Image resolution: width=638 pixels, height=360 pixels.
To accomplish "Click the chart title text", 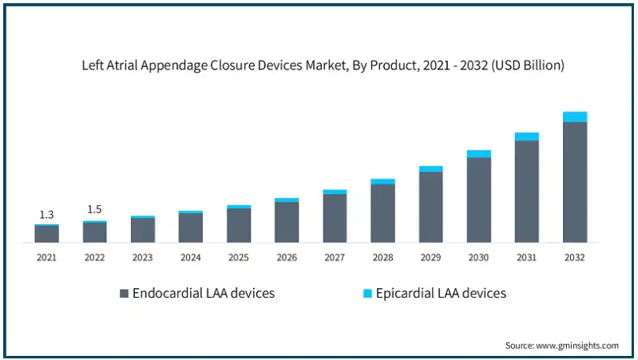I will click(x=323, y=66).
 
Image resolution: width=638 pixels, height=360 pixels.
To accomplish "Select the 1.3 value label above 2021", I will click(x=46, y=214).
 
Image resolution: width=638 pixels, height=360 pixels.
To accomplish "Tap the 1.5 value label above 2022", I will click(x=94, y=209).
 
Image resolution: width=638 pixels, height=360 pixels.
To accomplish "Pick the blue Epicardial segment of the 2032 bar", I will click(x=575, y=117).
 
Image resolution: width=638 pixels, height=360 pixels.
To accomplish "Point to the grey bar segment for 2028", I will click(x=382, y=213).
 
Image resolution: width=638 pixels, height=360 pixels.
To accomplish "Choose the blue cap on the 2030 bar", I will click(x=479, y=153).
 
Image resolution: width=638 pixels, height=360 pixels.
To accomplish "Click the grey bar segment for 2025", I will click(x=239, y=225).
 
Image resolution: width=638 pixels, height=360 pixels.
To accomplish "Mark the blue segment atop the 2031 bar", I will click(x=527, y=136).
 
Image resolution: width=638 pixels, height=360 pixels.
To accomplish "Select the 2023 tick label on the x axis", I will click(x=142, y=257).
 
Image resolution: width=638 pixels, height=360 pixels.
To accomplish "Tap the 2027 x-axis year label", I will click(x=335, y=257).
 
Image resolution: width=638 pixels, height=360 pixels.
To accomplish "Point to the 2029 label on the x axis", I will click(x=430, y=257).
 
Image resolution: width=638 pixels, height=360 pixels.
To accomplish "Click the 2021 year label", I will click(x=46, y=257).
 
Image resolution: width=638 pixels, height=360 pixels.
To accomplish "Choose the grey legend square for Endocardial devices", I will click(x=124, y=294).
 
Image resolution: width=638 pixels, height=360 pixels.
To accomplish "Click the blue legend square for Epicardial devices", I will click(x=367, y=294).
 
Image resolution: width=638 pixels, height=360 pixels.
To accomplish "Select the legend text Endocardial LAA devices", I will click(x=204, y=293).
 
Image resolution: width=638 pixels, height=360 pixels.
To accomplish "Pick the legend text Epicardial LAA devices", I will click(x=442, y=293).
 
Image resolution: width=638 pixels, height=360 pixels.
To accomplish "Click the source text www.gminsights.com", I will click(x=562, y=346).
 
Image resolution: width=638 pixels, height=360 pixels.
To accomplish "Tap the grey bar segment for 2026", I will click(x=287, y=222).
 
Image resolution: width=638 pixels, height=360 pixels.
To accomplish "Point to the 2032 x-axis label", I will click(x=575, y=257).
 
